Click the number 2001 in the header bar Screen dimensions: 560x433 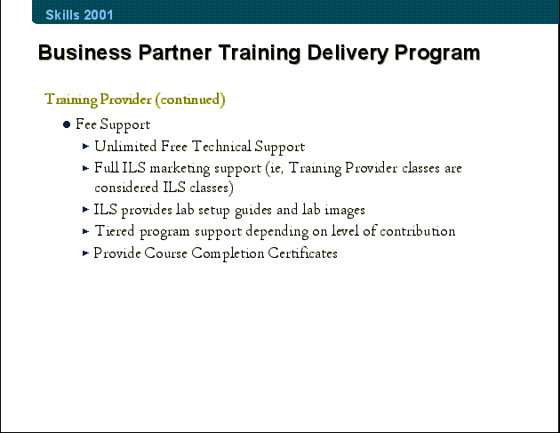[x=99, y=15]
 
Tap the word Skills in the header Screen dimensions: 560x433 [x=62, y=15]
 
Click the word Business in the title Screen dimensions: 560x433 [x=85, y=52]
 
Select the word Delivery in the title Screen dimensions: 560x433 [x=348, y=53]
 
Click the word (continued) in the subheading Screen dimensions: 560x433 [x=190, y=100]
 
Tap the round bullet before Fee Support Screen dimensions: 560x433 [x=67, y=124]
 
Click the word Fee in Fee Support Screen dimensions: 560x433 [x=86, y=124]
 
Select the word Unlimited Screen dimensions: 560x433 [x=125, y=147]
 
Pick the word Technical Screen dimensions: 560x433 [x=221, y=147]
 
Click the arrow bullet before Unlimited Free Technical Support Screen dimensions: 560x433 [x=85, y=146]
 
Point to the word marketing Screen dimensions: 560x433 [x=180, y=169]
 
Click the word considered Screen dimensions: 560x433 [x=126, y=188]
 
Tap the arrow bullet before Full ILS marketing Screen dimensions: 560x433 [x=85, y=168]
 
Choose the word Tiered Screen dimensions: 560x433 [x=115, y=231]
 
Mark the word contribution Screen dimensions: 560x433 [x=418, y=231]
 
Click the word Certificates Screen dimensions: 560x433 [x=302, y=253]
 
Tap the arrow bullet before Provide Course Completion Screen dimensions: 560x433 [x=85, y=253]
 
